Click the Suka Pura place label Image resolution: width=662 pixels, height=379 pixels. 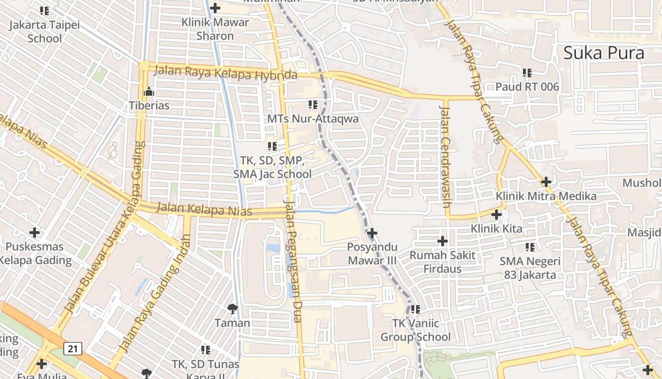point(603,53)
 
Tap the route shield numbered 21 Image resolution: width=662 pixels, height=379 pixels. point(72,349)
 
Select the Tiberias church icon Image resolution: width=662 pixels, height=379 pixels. point(149,91)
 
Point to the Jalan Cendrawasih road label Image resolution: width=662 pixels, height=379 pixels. point(445,156)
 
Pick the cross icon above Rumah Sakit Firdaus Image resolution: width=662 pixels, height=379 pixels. point(443,241)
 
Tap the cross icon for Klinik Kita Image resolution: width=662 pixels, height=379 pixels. point(496,215)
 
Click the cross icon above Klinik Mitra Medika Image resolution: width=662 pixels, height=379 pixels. point(546,181)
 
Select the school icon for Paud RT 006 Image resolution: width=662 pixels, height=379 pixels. point(527,73)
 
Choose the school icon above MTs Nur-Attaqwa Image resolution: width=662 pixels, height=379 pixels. point(313,104)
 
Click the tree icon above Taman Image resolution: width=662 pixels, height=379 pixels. point(232,309)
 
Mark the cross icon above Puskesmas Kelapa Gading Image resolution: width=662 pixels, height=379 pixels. point(35,233)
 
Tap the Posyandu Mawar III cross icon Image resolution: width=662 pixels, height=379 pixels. point(372,233)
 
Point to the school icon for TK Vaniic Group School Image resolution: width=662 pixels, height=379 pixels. point(416,309)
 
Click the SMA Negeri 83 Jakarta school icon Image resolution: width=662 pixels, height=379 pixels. point(530,247)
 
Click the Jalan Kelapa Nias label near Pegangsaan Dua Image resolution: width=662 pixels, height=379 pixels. point(204,209)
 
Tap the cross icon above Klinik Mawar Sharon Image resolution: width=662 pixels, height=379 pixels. point(215,8)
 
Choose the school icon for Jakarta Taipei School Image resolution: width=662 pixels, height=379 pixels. point(44,10)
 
